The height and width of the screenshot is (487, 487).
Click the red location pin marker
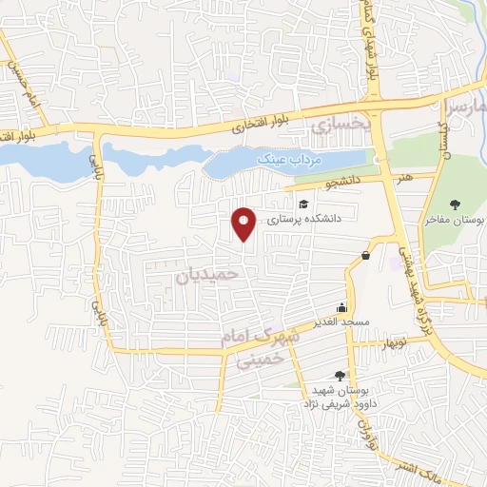pos(244,224)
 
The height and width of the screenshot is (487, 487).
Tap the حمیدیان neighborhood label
pos(210,276)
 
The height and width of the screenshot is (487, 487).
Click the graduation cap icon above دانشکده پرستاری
pos(303,204)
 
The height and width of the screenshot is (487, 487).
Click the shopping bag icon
pos(366,254)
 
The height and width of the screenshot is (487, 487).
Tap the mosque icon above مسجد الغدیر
pos(342,308)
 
